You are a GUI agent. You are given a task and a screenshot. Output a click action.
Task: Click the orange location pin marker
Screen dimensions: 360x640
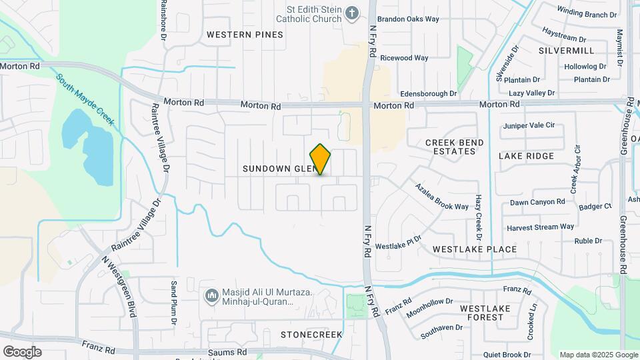pos(321,159)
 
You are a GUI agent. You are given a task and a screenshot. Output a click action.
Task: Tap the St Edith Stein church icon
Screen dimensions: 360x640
pos(352,13)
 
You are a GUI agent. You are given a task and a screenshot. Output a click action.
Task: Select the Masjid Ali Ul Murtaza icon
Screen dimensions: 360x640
pos(212,295)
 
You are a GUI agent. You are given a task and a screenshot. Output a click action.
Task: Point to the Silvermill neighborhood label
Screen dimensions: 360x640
pos(566,51)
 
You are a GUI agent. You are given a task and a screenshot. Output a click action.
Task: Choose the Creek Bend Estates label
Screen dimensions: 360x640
pos(451,147)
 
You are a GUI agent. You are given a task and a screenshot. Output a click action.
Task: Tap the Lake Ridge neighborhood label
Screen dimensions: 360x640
pos(526,156)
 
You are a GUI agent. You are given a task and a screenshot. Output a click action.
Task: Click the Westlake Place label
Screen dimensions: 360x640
pos(475,249)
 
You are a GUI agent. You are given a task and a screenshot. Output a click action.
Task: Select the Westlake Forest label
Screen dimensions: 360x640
pos(481,313)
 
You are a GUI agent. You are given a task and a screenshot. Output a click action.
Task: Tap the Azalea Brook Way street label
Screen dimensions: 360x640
pos(442,197)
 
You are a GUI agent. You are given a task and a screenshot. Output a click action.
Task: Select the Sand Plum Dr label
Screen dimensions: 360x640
pos(173,303)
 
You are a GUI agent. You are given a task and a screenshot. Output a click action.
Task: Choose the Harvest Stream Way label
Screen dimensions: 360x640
pos(540,227)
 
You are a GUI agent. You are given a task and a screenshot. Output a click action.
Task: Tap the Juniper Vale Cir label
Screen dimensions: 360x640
pos(529,125)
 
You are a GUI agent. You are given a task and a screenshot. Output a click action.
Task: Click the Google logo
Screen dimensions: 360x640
pos(22,352)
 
